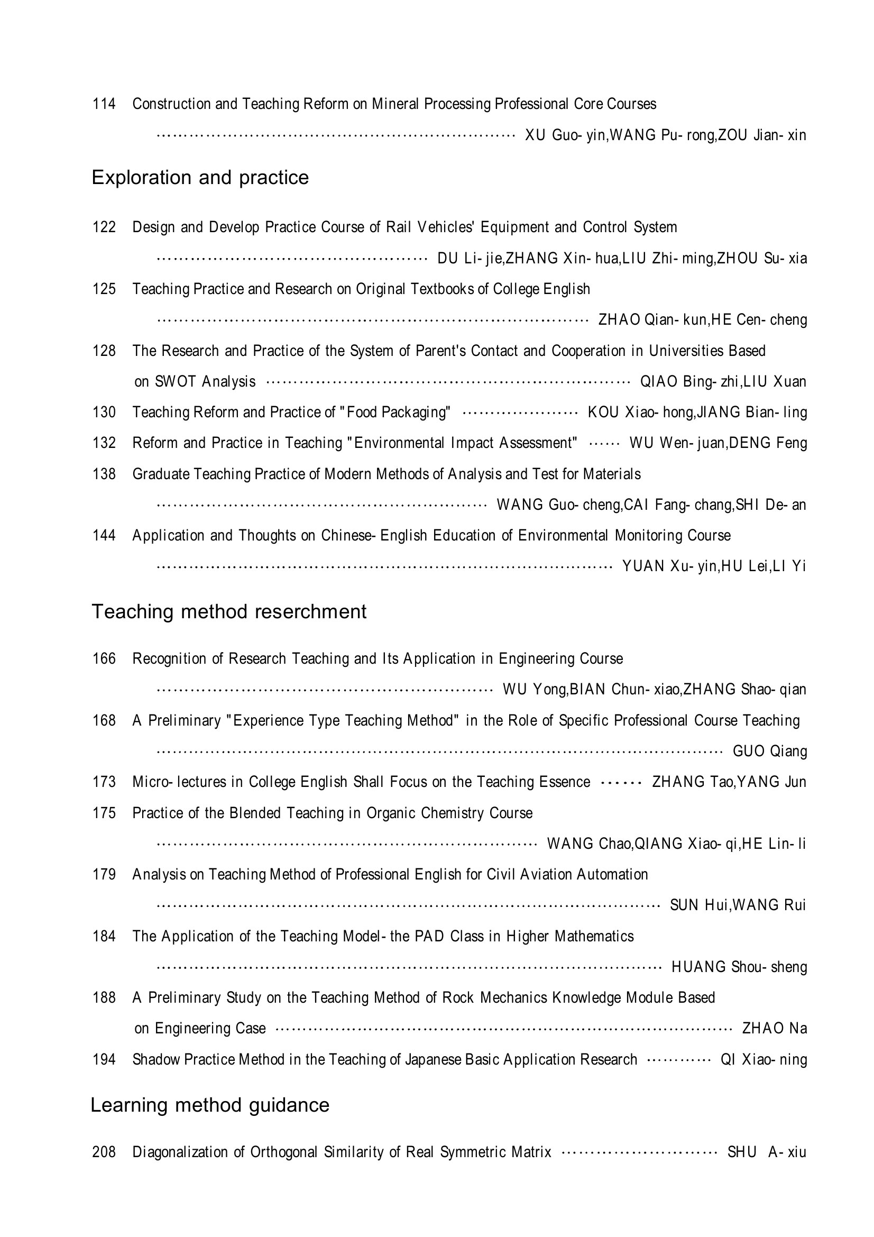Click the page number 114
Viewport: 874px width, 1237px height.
(104, 104)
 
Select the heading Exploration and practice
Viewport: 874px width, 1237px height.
(200, 177)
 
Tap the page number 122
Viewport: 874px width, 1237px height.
(104, 227)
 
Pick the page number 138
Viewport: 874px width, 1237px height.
(104, 473)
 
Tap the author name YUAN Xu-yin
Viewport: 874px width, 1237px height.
(668, 566)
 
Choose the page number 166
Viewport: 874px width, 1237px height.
(104, 658)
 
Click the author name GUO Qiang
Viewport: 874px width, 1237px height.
(769, 751)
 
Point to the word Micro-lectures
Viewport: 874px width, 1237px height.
(179, 782)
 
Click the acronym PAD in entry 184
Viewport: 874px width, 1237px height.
(429, 936)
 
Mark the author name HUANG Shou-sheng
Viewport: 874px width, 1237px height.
(739, 967)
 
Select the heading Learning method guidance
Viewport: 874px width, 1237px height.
(209, 1105)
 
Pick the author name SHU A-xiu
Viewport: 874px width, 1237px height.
(766, 1152)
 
